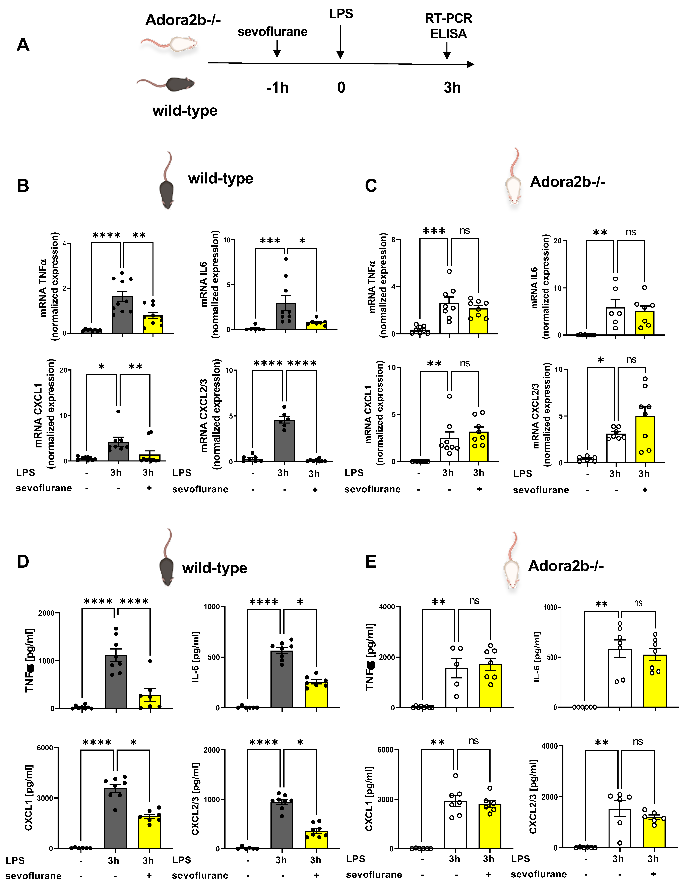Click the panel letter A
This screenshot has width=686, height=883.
(23, 45)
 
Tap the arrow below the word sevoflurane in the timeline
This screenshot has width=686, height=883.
(277, 49)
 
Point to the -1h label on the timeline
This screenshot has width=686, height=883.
(278, 88)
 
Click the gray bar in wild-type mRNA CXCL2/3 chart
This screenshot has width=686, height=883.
(284, 441)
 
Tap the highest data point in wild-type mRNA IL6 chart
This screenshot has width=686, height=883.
(286, 259)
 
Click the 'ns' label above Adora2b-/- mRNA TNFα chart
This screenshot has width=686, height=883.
(464, 231)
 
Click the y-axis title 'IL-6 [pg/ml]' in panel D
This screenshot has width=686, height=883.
(196, 657)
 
